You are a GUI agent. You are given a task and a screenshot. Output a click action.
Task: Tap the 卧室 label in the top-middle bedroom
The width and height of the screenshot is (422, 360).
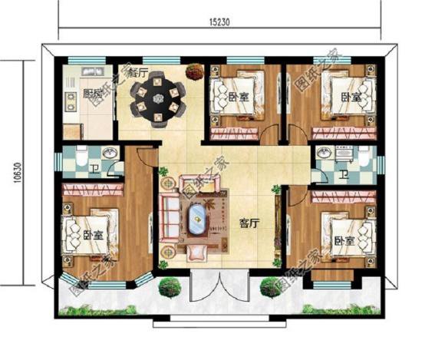(238, 97)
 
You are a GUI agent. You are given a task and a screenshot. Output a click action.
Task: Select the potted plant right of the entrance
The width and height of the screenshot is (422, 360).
(270, 289)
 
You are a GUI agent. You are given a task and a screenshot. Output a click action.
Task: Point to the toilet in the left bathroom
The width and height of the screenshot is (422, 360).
(77, 160)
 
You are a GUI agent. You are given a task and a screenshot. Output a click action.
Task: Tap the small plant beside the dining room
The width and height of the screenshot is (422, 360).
(193, 69)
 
